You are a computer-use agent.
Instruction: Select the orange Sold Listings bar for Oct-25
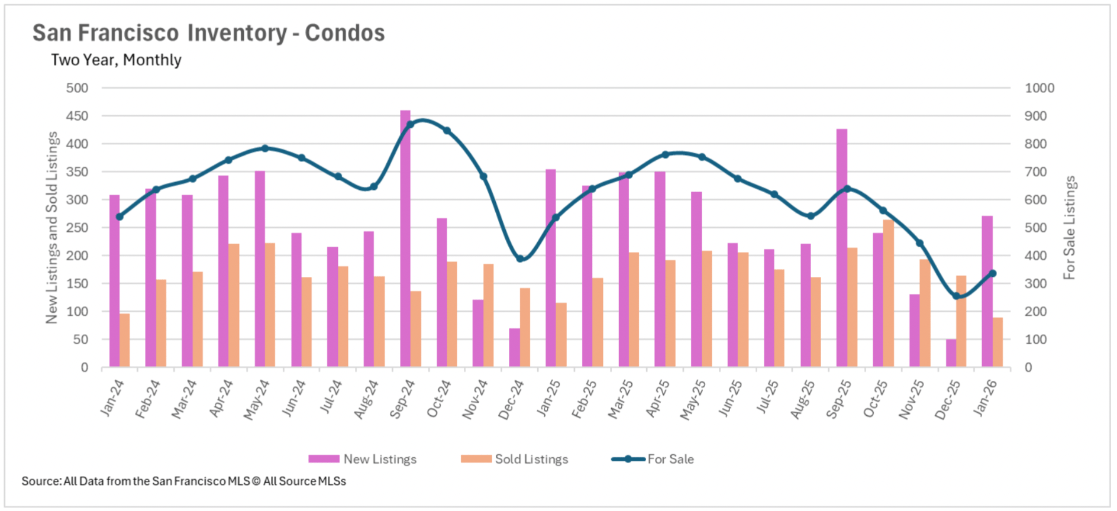click(x=888, y=293)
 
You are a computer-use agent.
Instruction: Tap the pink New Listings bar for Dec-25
click(x=951, y=353)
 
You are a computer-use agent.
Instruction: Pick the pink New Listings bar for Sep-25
click(x=841, y=248)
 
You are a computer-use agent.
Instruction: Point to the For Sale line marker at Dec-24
click(x=520, y=258)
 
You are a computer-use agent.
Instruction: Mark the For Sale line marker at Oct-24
click(x=447, y=131)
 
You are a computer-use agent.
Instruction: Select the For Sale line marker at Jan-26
click(x=993, y=273)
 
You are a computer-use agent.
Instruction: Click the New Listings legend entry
click(x=363, y=459)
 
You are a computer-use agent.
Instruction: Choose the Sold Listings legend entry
click(x=515, y=459)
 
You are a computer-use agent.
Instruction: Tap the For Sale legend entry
click(x=653, y=459)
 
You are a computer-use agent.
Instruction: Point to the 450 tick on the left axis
click(x=77, y=116)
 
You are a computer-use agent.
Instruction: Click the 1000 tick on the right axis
click(x=1039, y=88)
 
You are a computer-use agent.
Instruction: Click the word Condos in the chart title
click(x=344, y=33)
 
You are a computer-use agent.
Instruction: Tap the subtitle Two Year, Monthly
click(x=116, y=60)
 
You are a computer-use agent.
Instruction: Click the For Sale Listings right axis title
click(x=1069, y=228)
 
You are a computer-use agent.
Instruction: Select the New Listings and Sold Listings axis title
click(x=52, y=228)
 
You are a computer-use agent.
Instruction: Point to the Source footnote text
click(x=183, y=481)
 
